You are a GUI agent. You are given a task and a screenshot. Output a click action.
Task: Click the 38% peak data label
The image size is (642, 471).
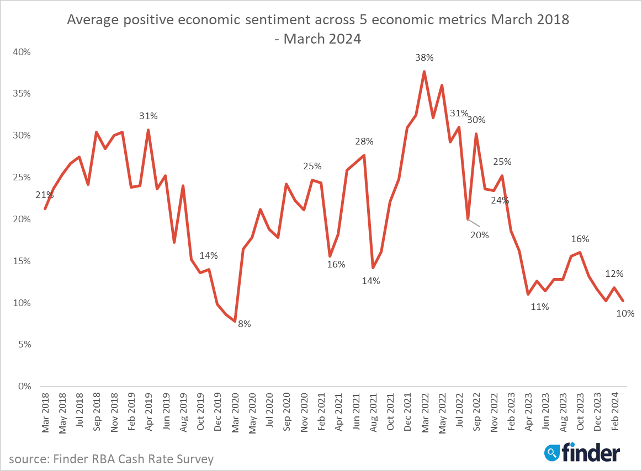pos(425,57)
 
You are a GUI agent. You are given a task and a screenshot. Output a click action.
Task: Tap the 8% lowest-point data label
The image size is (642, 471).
pos(244,324)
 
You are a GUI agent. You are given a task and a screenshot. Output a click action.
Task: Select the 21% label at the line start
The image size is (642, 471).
pos(45,195)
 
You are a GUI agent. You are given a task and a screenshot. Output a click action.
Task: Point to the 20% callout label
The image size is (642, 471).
pos(480,235)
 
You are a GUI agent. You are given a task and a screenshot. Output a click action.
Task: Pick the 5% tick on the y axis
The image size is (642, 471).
pos(24,345)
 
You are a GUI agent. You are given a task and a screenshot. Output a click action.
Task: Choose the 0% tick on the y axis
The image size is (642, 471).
pos(24,387)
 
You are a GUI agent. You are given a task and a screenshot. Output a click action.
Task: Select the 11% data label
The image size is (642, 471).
pos(540,307)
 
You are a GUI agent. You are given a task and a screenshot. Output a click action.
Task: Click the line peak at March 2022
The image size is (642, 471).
pos(424,71)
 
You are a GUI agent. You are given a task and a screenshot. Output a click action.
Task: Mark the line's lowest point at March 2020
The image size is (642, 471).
pos(235,321)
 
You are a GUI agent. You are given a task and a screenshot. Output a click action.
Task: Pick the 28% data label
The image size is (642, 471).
pos(364,142)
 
